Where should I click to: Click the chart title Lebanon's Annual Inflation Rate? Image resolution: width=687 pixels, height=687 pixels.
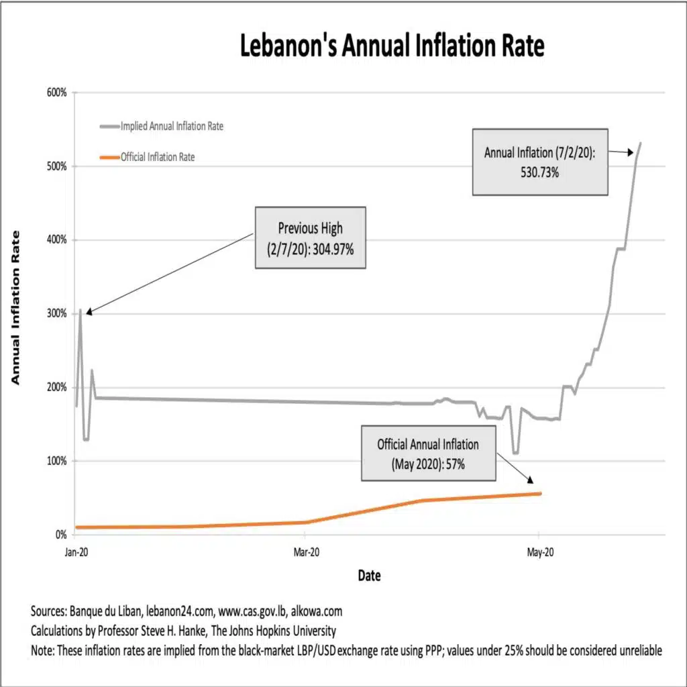[x=392, y=47]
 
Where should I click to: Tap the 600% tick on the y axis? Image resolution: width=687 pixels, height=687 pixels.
[x=56, y=93]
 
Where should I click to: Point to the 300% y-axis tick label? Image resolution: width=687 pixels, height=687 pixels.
[x=56, y=314]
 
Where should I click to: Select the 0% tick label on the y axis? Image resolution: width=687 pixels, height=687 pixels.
[x=60, y=535]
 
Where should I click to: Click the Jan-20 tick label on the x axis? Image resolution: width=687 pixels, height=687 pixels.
[x=76, y=552]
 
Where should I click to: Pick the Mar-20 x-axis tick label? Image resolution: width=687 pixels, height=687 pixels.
[x=305, y=552]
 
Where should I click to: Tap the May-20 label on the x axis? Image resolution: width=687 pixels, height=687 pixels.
[x=539, y=552]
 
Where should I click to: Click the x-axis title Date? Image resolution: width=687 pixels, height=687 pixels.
[x=369, y=576]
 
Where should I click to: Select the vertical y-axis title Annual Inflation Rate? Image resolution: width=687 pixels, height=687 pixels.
[x=15, y=307]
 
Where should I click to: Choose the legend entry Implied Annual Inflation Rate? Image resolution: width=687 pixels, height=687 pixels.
[x=171, y=126]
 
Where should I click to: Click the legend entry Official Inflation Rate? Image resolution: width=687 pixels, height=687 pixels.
[x=158, y=158]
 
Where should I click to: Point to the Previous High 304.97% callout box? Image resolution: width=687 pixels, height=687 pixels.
[x=309, y=237]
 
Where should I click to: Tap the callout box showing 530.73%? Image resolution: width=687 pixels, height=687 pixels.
[x=539, y=162]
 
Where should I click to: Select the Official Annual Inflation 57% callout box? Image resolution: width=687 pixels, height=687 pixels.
[x=428, y=453]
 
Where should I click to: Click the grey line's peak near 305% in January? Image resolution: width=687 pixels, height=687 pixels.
[x=81, y=310]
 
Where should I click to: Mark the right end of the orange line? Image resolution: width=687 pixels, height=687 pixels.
[x=540, y=494]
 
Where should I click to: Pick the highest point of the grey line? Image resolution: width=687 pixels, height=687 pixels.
[x=641, y=143]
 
